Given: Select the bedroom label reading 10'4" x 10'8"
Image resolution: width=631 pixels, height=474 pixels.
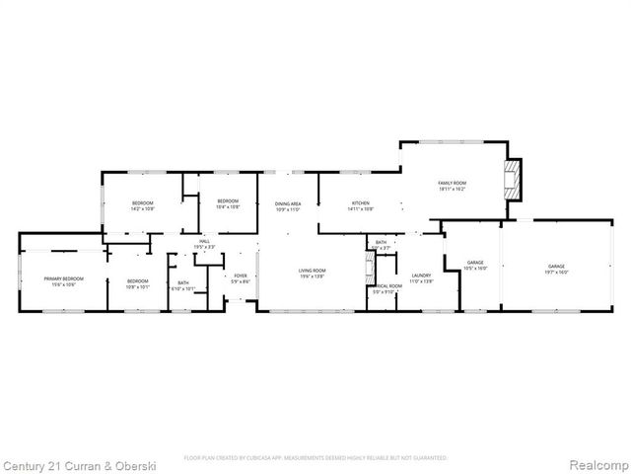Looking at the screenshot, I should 228,204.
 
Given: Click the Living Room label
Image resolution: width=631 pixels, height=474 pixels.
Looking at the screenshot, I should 313,274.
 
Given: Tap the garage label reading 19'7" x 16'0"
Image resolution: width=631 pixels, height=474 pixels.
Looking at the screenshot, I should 557,269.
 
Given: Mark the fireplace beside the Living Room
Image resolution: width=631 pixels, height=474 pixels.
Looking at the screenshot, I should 370,268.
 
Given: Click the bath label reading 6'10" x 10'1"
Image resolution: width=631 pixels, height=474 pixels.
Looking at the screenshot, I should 183,286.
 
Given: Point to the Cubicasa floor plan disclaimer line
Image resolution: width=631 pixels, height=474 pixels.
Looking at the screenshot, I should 315,458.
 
